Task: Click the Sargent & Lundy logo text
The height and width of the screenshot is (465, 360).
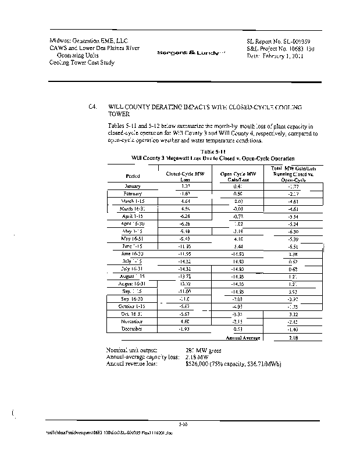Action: pyautogui.click(x=183, y=53)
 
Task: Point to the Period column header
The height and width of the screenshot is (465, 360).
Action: pyautogui.click(x=133, y=176)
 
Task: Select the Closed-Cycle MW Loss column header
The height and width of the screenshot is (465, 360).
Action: pyautogui.click(x=185, y=176)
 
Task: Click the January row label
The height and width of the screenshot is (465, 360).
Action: pyautogui.click(x=133, y=186)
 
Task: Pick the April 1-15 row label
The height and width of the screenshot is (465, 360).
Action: pyautogui.click(x=133, y=216)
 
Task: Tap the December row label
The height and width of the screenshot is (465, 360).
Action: pyautogui.click(x=133, y=329)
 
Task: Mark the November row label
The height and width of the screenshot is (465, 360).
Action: pyautogui.click(x=133, y=321)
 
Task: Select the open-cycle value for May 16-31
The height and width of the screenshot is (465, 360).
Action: pyautogui.click(x=238, y=238)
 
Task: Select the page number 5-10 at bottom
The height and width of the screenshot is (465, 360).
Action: pyautogui.click(x=182, y=426)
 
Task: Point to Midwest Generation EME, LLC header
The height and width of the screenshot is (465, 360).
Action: pyautogui.click(x=88, y=40)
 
